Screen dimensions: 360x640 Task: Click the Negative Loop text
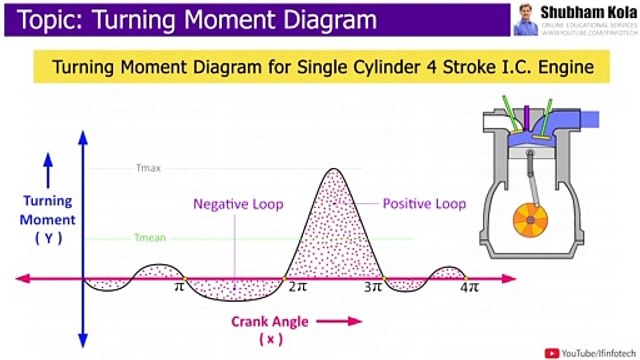[238, 204]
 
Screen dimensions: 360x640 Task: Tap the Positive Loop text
[424, 204]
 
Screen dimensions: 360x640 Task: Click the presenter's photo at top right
[523, 18]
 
